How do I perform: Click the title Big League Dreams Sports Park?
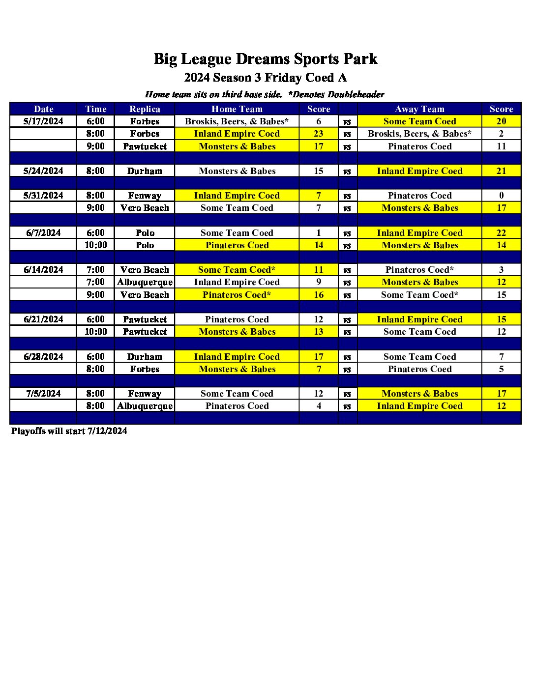(x=266, y=59)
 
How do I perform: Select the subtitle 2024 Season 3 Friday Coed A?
(x=266, y=78)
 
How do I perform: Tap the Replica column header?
(x=145, y=109)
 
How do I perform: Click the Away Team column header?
(x=419, y=109)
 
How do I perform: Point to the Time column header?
(x=95, y=109)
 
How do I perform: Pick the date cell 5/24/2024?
(x=43, y=171)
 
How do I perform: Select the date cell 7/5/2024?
(x=43, y=394)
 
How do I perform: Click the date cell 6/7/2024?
(x=43, y=233)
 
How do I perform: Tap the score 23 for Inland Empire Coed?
(x=319, y=134)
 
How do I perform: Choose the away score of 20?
(x=501, y=121)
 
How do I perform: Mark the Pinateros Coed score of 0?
(x=501, y=196)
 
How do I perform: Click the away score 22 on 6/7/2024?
(x=501, y=233)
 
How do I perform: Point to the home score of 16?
(x=319, y=295)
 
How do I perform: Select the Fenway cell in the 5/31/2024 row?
(x=145, y=196)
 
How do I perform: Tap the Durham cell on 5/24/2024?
(x=145, y=171)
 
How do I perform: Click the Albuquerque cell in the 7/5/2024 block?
(x=145, y=406)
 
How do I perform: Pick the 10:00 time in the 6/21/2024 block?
(x=95, y=332)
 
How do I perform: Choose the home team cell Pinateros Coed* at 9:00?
(x=237, y=295)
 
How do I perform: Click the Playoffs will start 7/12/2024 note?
(x=69, y=431)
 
